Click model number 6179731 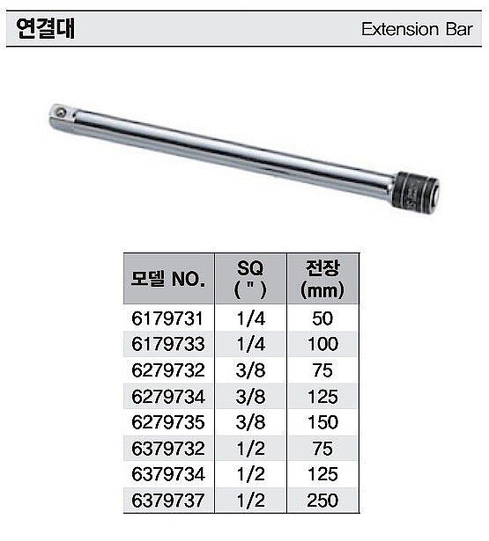(167, 318)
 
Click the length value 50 (322, 318)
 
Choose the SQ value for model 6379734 (250, 475)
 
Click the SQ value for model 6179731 (250, 318)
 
